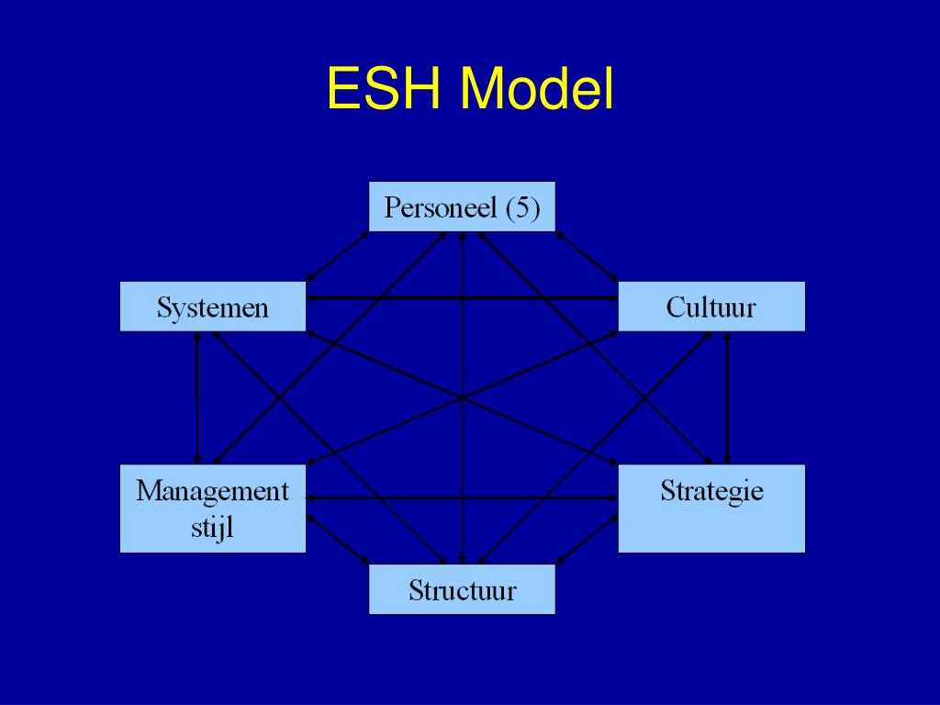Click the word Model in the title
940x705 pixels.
(x=537, y=90)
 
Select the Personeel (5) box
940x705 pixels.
(x=462, y=207)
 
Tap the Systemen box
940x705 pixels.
(x=212, y=307)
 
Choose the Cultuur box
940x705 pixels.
(x=711, y=307)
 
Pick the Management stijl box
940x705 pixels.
(x=212, y=509)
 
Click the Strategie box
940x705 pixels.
(x=711, y=509)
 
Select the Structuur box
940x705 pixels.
(x=462, y=589)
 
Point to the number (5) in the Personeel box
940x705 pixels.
(x=522, y=207)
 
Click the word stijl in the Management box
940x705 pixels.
(x=212, y=529)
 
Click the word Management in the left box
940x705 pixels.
(x=212, y=491)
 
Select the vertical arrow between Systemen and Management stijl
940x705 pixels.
(x=196, y=397)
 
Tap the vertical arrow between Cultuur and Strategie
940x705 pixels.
(x=727, y=397)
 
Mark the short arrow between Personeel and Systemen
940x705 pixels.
(x=337, y=256)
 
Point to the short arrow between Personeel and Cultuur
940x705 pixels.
(x=587, y=256)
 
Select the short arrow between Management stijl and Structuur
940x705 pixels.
(x=337, y=539)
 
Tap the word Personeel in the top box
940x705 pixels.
(x=441, y=207)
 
